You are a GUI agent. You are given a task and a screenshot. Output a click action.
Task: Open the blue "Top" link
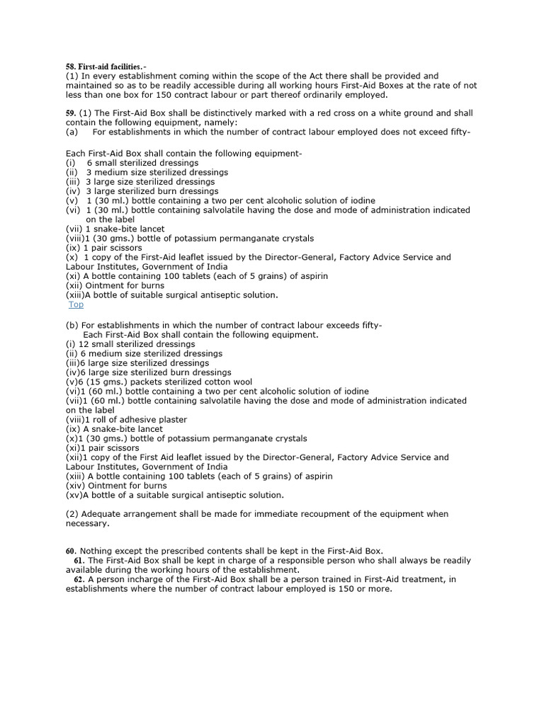point(76,304)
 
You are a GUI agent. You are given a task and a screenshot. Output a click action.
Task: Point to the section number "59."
point(71,113)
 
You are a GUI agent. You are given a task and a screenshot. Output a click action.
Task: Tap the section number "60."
point(71,551)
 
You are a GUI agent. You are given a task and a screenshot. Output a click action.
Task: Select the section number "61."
point(79,560)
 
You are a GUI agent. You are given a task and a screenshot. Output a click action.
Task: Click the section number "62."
point(79,579)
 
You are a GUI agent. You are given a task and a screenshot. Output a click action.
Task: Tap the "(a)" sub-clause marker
point(72,132)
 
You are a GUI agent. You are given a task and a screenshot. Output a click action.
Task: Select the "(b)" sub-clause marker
point(72,325)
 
